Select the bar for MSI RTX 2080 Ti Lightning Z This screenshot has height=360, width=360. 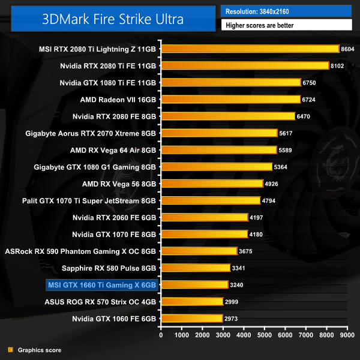[250, 49]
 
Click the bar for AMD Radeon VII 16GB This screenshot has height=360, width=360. [230, 99]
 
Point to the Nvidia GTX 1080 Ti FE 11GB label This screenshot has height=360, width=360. [108, 82]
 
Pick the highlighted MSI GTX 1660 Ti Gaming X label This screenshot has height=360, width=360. [101, 284]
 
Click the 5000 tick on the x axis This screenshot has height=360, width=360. [265, 336]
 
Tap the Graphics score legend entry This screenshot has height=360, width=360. [39, 350]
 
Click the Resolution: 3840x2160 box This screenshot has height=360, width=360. [286, 11]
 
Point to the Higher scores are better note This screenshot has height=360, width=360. [286, 25]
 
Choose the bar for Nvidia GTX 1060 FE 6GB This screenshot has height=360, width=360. [191, 318]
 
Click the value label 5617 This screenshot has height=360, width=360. [286, 133]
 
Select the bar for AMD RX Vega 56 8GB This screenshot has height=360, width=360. [212, 184]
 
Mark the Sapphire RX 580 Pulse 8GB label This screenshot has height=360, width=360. [112, 268]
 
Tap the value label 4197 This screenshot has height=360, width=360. [257, 217]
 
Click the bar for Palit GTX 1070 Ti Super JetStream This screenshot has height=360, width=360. [211, 200]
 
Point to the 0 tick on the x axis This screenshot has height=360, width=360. [161, 336]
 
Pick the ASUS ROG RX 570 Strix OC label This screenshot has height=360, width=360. [100, 301]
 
